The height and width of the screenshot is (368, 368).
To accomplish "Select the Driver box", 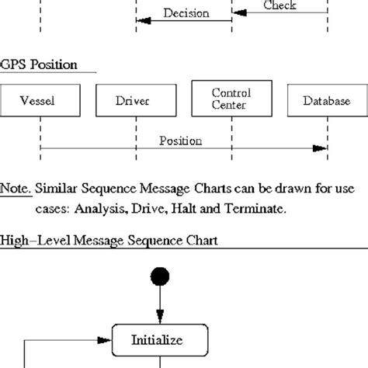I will coord(135,101).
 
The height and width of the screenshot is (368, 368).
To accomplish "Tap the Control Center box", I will coord(231,99).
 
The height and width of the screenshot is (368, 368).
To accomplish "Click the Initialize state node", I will coord(159,339).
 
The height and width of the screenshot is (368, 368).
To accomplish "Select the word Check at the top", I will coord(279,5).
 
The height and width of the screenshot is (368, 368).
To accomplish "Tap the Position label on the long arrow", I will coord(180,141).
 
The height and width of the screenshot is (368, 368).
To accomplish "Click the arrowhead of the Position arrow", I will coord(320,148).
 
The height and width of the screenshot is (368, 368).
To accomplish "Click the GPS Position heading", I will coord(39,64).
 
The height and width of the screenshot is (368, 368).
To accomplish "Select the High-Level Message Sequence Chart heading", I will coord(109,241).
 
